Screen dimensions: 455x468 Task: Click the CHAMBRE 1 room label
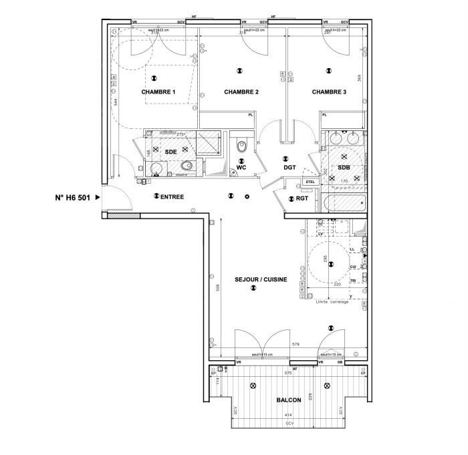[158, 92]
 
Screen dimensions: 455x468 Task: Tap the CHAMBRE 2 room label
[241, 92]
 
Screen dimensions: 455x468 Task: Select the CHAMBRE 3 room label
[329, 92]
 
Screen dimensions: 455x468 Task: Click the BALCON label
[288, 401]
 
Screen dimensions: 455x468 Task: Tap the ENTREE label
[172, 196]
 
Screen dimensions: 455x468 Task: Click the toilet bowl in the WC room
[241, 146]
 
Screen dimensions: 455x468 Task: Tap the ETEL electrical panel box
[310, 182]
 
